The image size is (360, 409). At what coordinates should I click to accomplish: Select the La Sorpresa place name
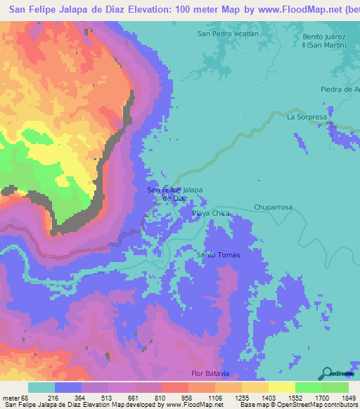pyautogui.click(x=307, y=117)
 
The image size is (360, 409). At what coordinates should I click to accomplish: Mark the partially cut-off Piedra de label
pyautogui.click(x=340, y=89)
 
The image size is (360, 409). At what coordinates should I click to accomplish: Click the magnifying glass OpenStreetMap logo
pyautogui.click(x=326, y=373)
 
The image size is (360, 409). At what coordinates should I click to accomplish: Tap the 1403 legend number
pyautogui.click(x=269, y=397)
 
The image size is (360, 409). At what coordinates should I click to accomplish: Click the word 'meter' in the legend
pyautogui.click(x=11, y=397)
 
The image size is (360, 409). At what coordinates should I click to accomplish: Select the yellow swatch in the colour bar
pyautogui.click(x=281, y=387)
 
